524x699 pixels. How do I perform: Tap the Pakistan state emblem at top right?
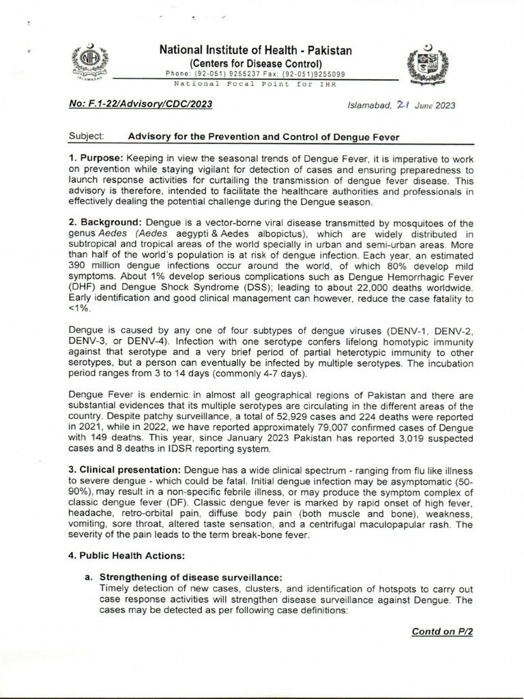[425, 66]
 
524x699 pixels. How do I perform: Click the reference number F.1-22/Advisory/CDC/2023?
[141, 104]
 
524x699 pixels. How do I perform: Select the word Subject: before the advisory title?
[86, 137]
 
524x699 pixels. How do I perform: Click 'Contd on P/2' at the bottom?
[442, 631]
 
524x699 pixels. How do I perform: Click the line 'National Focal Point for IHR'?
[255, 83]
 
